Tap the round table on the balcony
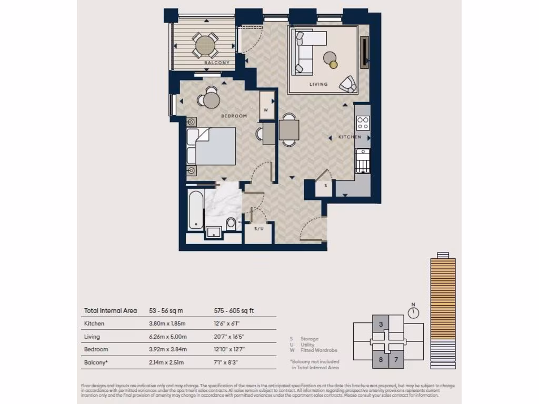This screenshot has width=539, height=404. tap(205, 46)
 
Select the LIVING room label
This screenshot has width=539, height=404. tap(318, 84)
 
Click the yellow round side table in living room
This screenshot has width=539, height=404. tap(334, 65)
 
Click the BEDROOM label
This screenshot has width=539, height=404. tap(234, 116)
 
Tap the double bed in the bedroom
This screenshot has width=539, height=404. tap(211, 146)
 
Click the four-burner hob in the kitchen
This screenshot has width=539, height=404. tap(363, 123)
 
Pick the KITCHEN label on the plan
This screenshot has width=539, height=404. tap(350, 137)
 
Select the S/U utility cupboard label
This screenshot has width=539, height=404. tap(259, 229)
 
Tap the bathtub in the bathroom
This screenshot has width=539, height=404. tap(196, 210)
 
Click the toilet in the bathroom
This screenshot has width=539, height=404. tap(231, 224)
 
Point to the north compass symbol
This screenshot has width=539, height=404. tap(414, 312)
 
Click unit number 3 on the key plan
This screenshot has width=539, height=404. tap(381, 324)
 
